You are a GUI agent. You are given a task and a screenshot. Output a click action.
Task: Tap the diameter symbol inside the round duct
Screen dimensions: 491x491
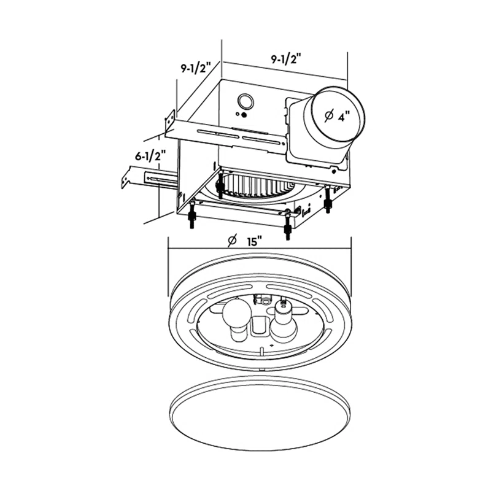pos(329,115)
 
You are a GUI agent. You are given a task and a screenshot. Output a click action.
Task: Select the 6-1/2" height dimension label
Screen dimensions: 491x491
pos(152,157)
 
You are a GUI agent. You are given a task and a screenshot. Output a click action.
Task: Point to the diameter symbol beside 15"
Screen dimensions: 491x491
pos(233,240)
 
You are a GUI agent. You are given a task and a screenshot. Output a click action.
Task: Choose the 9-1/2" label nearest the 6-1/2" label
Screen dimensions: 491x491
pos(196,68)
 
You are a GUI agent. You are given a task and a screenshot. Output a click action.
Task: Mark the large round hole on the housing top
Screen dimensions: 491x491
pos(247,101)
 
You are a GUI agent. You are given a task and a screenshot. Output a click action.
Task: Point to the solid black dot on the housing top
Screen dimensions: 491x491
pos(243,114)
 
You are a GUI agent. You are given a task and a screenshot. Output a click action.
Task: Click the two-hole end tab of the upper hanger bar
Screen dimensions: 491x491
pos(169,123)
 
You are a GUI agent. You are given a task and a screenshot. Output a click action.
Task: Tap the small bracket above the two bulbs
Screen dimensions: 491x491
pos(265,300)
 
